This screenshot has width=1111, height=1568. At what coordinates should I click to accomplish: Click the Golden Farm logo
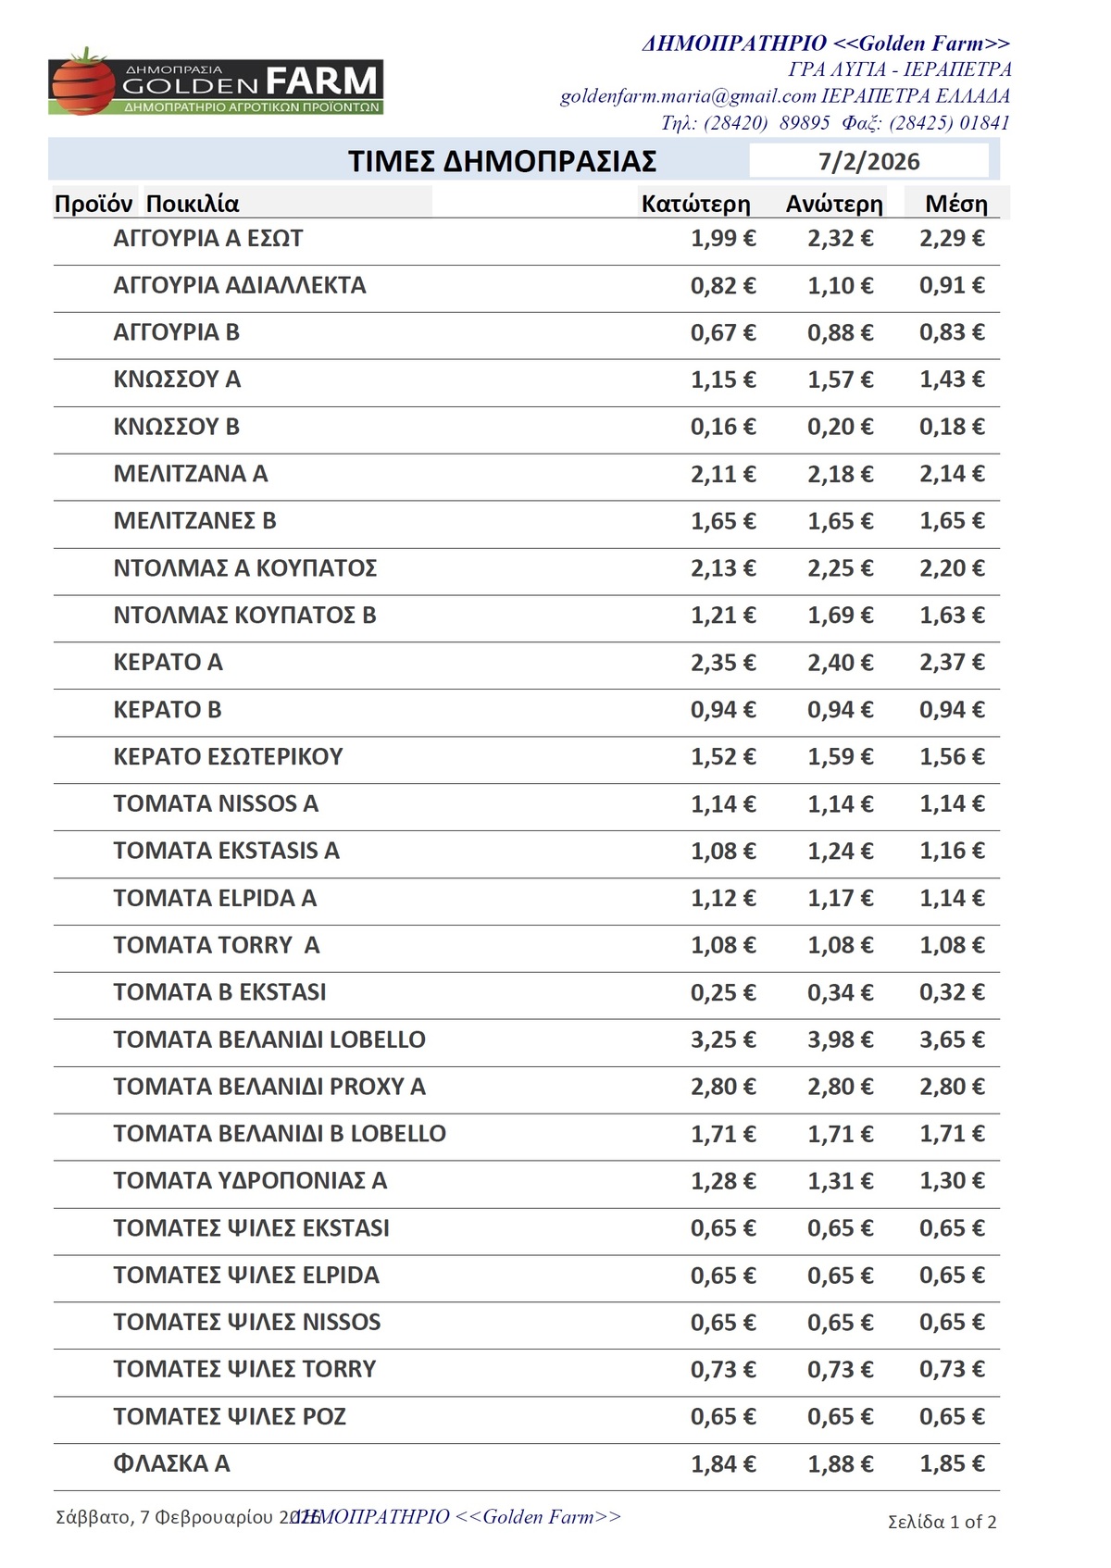(x=215, y=83)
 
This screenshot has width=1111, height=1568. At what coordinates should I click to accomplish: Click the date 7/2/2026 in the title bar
(x=868, y=162)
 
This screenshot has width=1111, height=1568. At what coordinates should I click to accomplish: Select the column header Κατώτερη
(x=695, y=204)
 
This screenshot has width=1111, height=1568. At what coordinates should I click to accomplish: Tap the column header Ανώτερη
(x=834, y=204)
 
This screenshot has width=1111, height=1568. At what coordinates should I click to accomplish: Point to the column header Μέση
(x=955, y=204)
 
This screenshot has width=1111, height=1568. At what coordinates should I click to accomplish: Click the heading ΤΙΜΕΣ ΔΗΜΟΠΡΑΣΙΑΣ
(x=502, y=161)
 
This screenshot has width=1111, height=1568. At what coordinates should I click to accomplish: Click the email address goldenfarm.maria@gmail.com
(x=688, y=96)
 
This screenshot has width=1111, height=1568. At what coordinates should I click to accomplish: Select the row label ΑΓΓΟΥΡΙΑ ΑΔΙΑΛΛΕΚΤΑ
(x=240, y=285)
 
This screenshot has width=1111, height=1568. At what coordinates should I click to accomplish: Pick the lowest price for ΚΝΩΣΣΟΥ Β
(x=722, y=427)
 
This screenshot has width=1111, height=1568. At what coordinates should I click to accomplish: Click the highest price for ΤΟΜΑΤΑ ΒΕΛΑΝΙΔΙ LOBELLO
(x=840, y=1039)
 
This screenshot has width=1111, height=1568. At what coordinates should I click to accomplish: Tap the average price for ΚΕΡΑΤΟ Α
(x=952, y=663)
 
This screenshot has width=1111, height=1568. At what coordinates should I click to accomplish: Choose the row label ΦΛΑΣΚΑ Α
(x=171, y=1463)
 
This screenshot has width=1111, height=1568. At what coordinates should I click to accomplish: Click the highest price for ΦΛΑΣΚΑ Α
(x=840, y=1464)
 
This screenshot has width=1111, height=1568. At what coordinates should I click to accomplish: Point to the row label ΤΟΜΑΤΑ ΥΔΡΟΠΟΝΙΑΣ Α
(x=250, y=1180)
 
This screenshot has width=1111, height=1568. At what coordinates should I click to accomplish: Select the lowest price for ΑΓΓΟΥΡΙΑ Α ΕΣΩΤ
(x=722, y=239)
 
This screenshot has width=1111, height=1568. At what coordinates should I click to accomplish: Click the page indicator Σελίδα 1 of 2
(x=942, y=1522)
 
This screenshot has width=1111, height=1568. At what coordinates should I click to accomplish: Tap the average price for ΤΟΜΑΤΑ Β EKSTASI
(x=952, y=992)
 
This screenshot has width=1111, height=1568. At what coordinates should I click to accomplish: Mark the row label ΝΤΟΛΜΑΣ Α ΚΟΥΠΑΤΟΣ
(x=245, y=567)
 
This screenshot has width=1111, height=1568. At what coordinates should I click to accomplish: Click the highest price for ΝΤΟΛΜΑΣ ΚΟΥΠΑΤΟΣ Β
(x=840, y=616)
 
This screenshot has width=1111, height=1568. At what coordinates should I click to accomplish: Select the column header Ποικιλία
(x=193, y=204)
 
